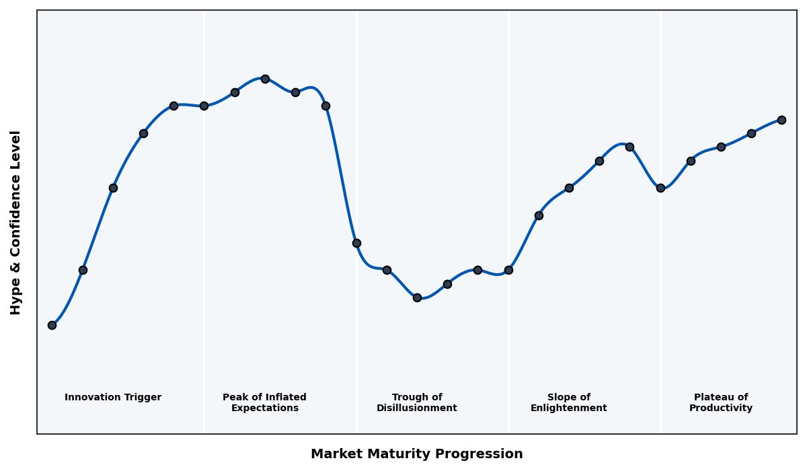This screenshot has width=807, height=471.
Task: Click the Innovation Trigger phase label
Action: pyautogui.click(x=113, y=398)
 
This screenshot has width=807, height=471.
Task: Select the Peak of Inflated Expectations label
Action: pyautogui.click(x=264, y=402)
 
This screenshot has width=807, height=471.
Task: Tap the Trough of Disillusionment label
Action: pyautogui.click(x=416, y=402)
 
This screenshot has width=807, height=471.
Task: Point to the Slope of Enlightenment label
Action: pyautogui.click(x=568, y=402)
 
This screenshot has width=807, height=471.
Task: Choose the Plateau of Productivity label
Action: pyautogui.click(x=720, y=402)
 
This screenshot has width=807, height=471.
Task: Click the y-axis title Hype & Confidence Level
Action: pyautogui.click(x=16, y=222)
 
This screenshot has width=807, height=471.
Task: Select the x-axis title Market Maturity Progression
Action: pyautogui.click(x=416, y=454)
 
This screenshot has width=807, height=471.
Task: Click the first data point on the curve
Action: pyautogui.click(x=52, y=325)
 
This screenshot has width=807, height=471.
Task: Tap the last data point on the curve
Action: pyautogui.click(x=781, y=120)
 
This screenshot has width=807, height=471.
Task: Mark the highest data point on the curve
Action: pyautogui.click(x=265, y=79)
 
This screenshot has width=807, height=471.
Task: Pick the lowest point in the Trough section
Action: pyautogui.click(x=417, y=297)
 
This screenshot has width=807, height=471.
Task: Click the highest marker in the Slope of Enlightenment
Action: pyautogui.click(x=629, y=147)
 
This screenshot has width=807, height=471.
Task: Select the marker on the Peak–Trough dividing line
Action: pyautogui.click(x=356, y=243)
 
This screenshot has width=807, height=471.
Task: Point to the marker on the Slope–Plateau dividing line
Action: pyautogui.click(x=660, y=188)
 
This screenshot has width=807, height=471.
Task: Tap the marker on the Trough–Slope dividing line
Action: pyautogui.click(x=508, y=270)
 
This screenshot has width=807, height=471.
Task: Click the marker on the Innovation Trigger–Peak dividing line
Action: pyautogui.click(x=204, y=106)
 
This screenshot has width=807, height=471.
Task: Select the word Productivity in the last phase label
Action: pyautogui.click(x=720, y=408)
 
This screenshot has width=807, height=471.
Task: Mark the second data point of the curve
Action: pyautogui.click(x=83, y=270)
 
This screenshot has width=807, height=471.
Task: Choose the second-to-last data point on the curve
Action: pyautogui.click(x=751, y=133)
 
